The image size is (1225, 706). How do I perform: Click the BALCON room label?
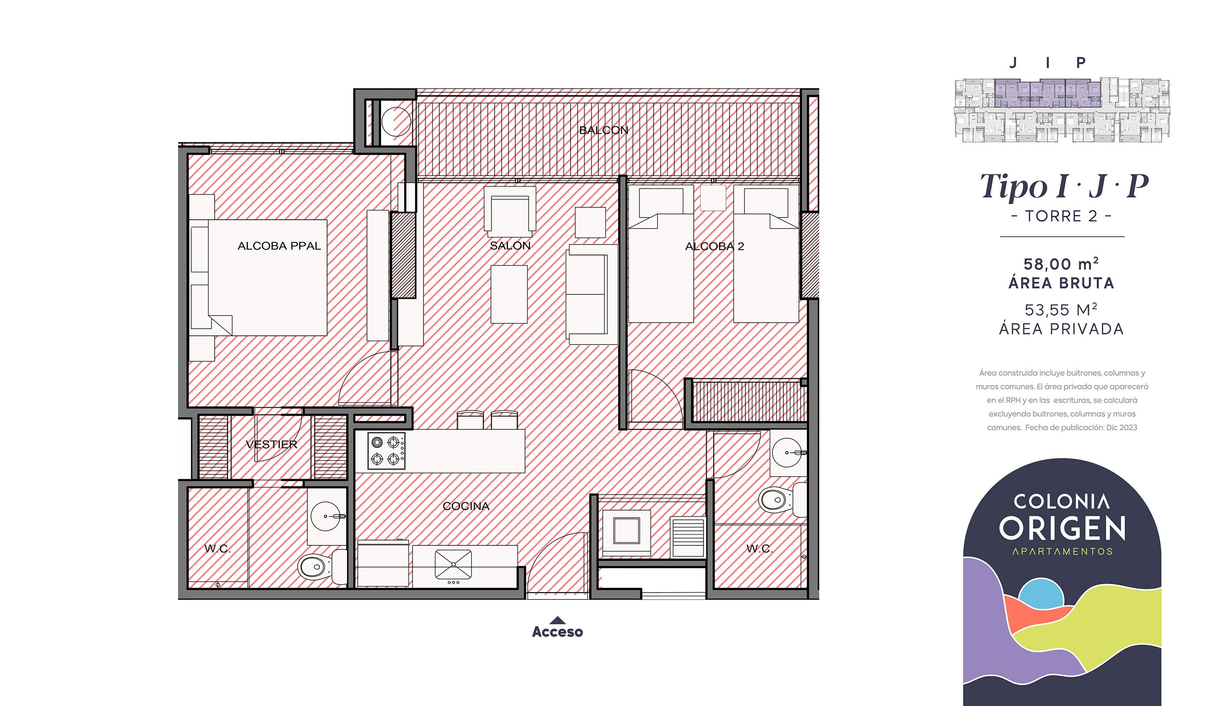click(604, 130)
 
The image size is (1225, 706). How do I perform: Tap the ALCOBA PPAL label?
click(279, 246)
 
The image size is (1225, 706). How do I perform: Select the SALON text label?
click(510, 245)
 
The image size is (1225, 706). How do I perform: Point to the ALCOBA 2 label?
click(714, 246)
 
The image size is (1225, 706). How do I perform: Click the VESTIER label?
click(271, 444)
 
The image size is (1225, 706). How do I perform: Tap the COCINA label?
click(466, 506)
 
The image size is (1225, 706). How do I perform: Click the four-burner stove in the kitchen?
click(386, 451)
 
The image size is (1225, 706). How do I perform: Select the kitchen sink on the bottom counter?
click(453, 564)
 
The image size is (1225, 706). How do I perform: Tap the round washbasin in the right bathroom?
click(787, 452)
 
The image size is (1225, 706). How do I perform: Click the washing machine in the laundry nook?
click(626, 531)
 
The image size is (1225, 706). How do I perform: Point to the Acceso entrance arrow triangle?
click(557, 620)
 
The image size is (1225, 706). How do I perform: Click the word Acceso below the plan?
click(557, 632)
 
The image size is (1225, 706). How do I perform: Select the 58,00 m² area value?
click(1061, 264)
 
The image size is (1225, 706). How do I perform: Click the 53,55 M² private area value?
click(1061, 309)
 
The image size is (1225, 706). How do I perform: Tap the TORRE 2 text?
click(1061, 216)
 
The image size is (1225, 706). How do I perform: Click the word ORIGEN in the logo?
click(1062, 529)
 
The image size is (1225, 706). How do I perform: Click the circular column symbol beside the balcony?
click(396, 121)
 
